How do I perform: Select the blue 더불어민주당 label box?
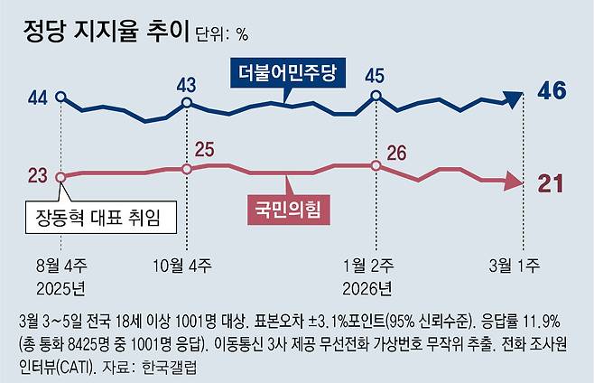[x=288, y=71]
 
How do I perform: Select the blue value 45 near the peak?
[x=376, y=74]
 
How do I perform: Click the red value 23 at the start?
[x=37, y=176]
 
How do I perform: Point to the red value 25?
[x=205, y=149]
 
